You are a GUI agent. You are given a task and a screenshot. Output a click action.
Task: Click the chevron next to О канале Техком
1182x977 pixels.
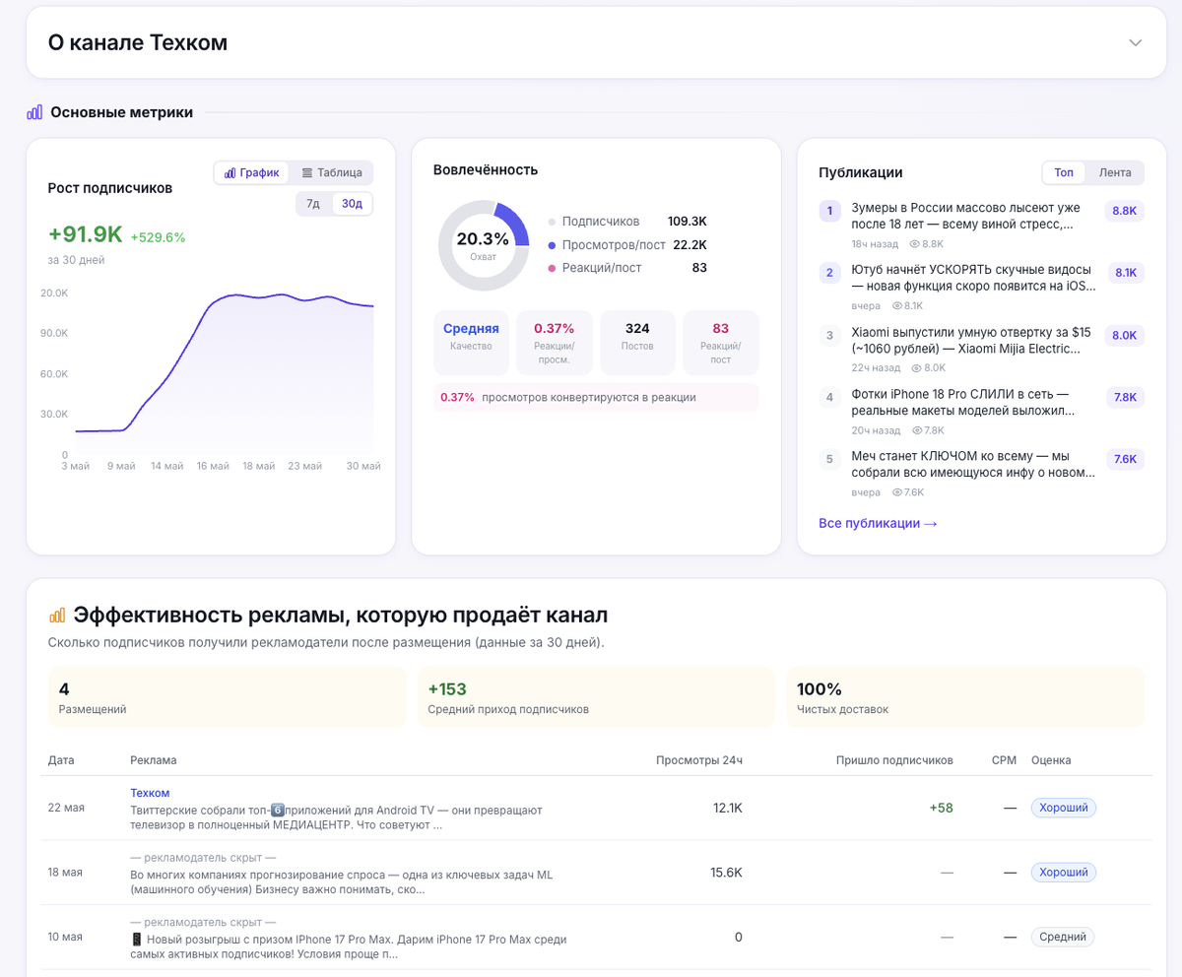click(x=1135, y=43)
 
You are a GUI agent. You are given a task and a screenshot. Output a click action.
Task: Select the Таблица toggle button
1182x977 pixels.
click(x=332, y=172)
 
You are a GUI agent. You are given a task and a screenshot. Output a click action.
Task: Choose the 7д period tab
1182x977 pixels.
click(x=313, y=203)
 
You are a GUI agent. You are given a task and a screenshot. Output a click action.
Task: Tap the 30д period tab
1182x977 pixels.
click(x=352, y=203)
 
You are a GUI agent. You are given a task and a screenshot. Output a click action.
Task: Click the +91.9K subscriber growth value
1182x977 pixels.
click(x=86, y=233)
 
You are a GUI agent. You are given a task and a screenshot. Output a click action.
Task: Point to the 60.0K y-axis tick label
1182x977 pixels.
click(x=54, y=373)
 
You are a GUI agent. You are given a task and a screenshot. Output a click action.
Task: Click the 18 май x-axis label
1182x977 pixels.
click(x=259, y=466)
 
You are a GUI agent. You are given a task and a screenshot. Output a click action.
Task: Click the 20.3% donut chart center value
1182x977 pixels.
click(x=483, y=239)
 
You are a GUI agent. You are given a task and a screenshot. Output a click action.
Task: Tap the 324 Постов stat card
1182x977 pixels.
click(x=637, y=342)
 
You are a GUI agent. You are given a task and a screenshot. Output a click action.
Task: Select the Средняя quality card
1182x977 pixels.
click(x=471, y=342)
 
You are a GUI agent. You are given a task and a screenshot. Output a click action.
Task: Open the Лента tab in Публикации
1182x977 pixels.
click(x=1115, y=172)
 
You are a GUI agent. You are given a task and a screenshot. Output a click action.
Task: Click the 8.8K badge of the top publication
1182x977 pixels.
click(x=1124, y=211)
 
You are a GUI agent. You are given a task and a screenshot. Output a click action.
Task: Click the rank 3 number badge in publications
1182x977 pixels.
click(x=829, y=335)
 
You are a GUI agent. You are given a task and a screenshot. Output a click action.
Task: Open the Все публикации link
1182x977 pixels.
click(x=878, y=523)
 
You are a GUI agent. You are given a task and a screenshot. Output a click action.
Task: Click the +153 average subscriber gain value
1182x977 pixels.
click(x=447, y=688)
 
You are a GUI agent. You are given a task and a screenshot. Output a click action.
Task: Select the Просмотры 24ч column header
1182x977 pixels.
click(x=699, y=760)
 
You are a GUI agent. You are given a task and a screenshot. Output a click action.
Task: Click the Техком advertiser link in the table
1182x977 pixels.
click(x=150, y=793)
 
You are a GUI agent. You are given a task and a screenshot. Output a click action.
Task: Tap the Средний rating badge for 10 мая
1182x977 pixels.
click(x=1063, y=937)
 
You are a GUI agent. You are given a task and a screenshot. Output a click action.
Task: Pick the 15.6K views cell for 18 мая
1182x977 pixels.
click(x=726, y=873)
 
